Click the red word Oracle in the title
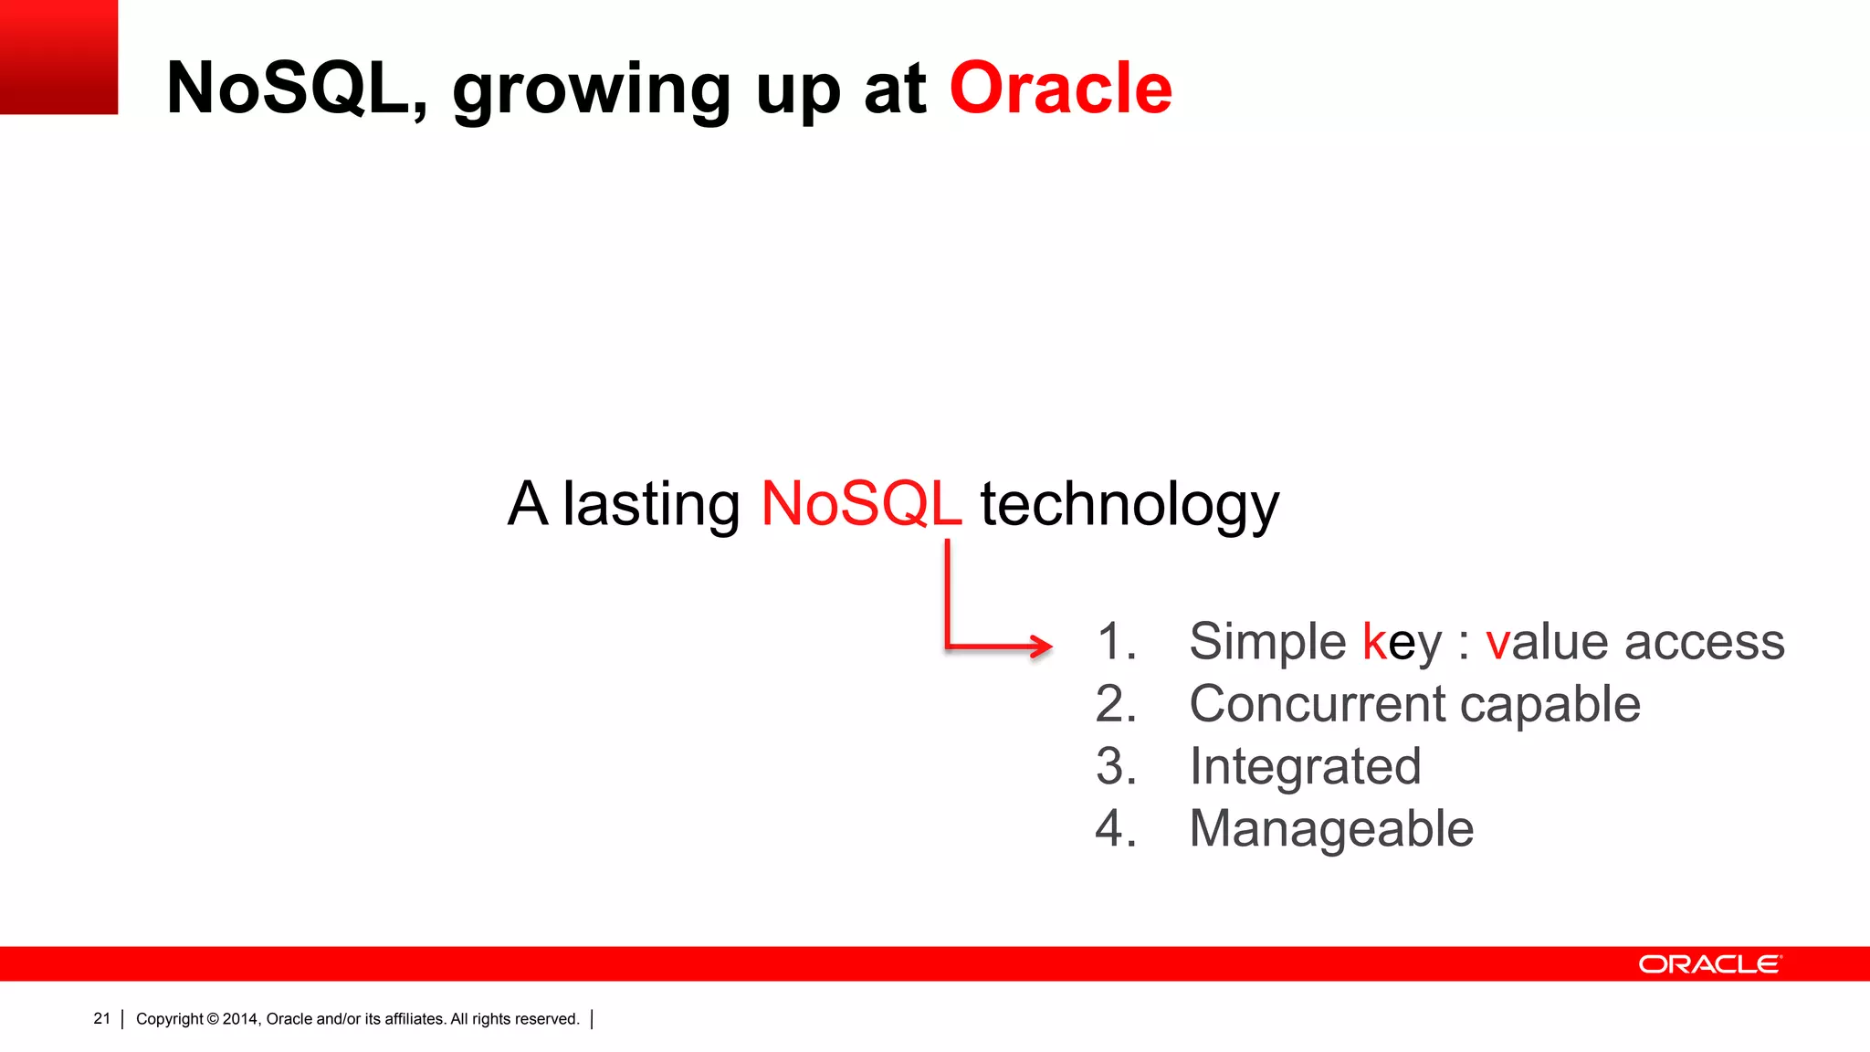1060,89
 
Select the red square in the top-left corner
58,57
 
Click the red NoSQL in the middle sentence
860,504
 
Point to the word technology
1129,506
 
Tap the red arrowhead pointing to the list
1041,646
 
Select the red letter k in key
1374,641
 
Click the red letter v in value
1497,644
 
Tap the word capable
1550,706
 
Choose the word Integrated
1305,767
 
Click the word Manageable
1330,829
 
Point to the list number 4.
1115,829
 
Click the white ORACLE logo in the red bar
1708,964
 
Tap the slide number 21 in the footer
101,1018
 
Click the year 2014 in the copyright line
240,1019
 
